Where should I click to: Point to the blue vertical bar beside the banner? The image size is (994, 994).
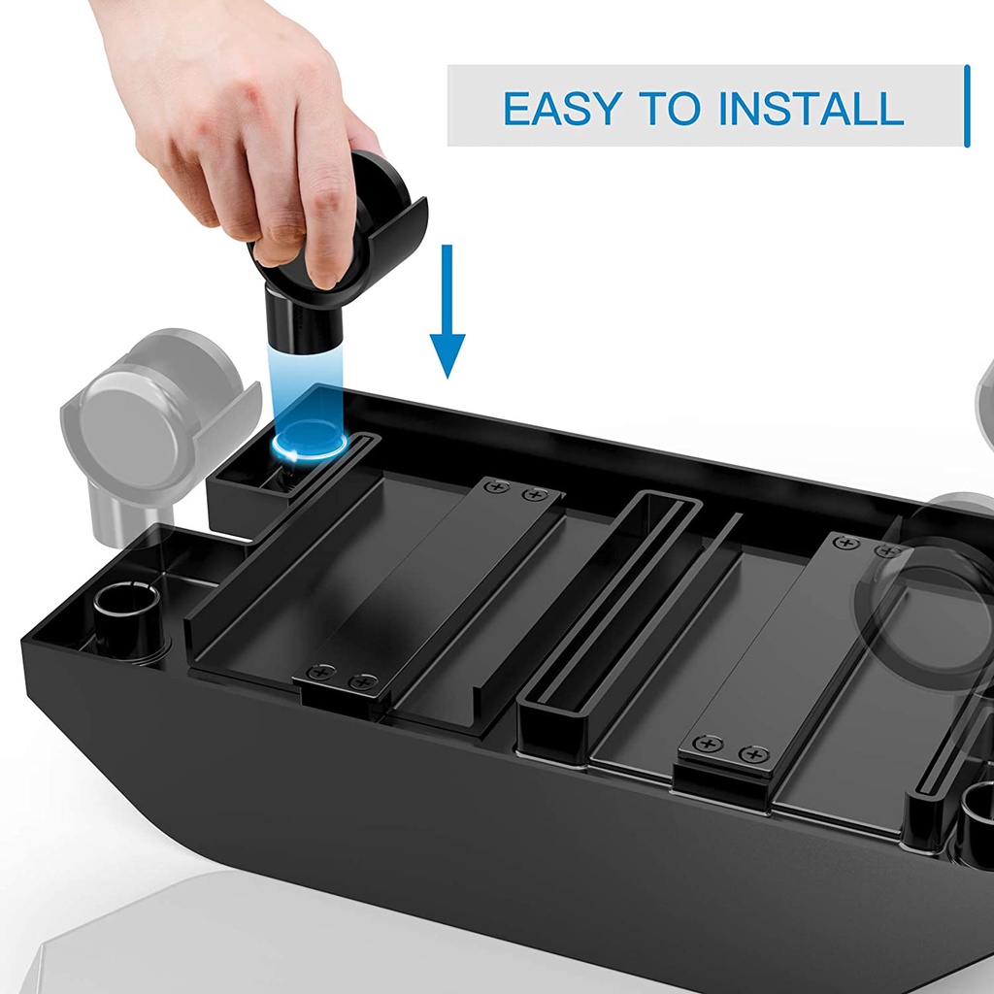(967, 106)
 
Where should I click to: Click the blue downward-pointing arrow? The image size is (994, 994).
(447, 311)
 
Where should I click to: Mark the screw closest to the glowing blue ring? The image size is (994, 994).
(498, 487)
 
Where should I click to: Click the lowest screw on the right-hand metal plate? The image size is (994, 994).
(753, 754)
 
